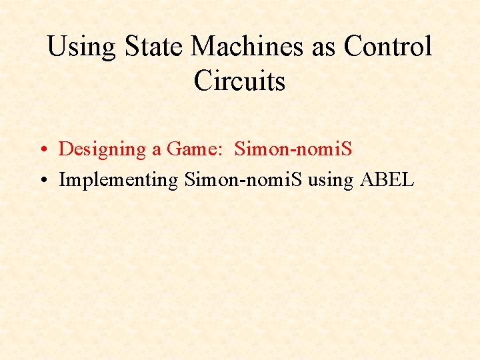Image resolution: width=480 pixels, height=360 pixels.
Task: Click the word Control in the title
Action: tap(388, 47)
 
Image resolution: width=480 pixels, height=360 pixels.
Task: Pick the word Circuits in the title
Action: tap(239, 81)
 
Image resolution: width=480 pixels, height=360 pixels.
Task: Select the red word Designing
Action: tap(103, 150)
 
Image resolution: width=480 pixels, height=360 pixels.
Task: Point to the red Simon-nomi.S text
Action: tap(293, 149)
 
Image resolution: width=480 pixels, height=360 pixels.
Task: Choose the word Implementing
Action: tap(119, 181)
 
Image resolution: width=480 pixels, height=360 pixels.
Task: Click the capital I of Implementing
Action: tap(62, 179)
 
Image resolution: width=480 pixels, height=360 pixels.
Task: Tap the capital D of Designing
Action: tap(65, 149)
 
